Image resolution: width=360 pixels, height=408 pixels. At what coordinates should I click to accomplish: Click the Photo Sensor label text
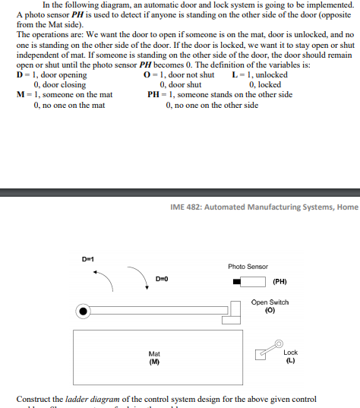click(x=248, y=267)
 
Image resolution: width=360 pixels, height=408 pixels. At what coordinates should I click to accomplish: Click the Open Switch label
click(x=270, y=302)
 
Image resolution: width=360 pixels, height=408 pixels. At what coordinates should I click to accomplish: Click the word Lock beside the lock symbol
click(x=290, y=353)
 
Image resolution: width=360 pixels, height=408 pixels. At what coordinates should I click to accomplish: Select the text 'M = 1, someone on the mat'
click(x=65, y=94)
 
